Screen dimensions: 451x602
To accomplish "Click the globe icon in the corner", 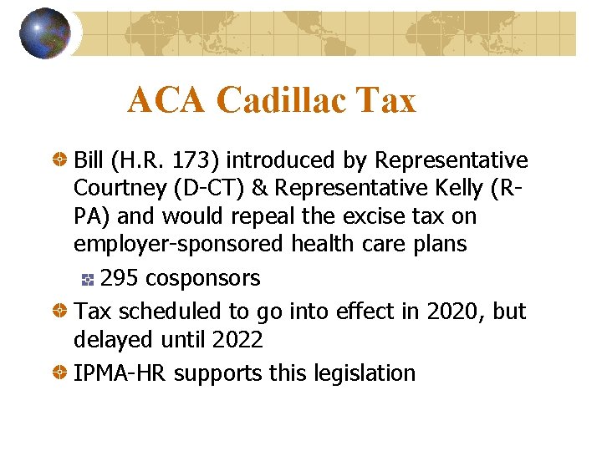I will click(44, 33).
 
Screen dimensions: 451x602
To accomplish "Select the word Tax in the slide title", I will click(385, 101).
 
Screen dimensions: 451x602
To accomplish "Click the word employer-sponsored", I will click(179, 246).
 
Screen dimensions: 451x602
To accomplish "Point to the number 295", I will click(120, 277).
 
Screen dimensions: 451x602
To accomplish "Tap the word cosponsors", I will click(202, 277).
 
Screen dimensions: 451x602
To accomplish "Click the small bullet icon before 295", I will click(89, 278).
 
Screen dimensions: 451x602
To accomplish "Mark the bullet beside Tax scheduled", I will click(60, 312).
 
